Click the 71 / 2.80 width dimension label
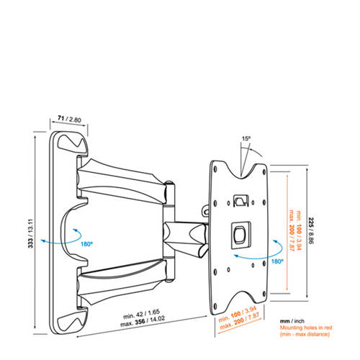(69, 119)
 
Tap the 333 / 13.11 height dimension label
(31, 233)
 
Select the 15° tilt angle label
(246, 138)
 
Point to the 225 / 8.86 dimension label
(311, 230)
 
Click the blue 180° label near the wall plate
(86, 244)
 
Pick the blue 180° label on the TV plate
(277, 261)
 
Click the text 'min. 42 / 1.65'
(141, 314)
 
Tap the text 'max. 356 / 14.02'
(143, 322)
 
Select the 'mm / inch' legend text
(292, 321)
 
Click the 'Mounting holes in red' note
(306, 328)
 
